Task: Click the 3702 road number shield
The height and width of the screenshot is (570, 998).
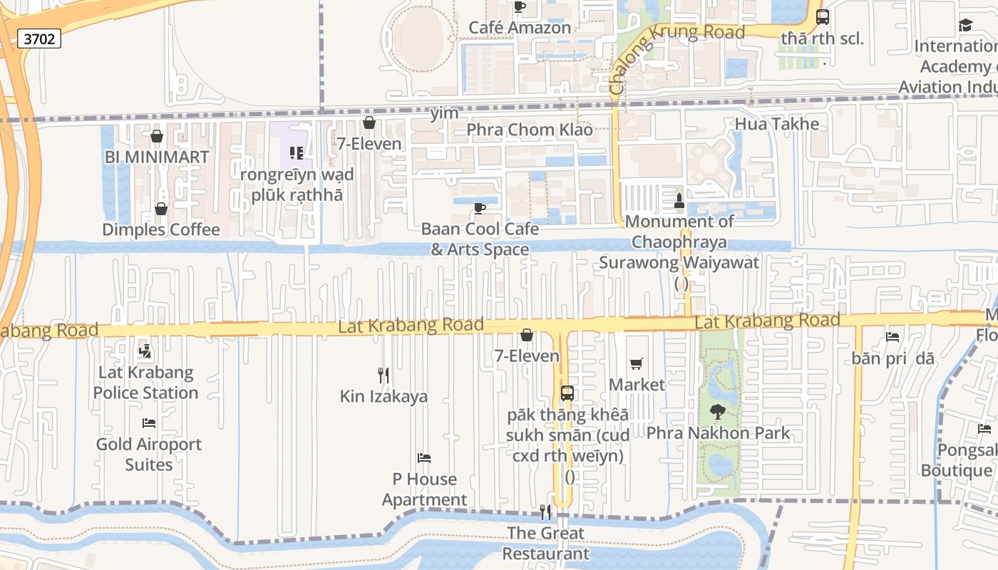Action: tap(39, 38)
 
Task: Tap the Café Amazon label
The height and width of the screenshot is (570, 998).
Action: tap(520, 28)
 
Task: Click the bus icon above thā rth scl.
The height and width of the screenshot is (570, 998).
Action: tap(822, 17)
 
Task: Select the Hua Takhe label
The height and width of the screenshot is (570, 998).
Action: tap(777, 124)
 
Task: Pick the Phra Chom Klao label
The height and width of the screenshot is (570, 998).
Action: tap(530, 130)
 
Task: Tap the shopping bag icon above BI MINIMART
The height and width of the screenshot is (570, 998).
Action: tap(157, 136)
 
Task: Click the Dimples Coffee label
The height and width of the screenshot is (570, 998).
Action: tap(161, 229)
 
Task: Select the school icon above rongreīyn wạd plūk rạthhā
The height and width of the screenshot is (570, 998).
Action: tap(296, 153)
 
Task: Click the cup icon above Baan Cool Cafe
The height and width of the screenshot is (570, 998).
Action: tap(480, 208)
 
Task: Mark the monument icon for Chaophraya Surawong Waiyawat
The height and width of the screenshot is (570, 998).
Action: tap(679, 200)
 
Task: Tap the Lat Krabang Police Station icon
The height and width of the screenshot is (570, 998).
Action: tap(145, 351)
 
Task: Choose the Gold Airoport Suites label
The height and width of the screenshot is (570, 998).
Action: tap(149, 454)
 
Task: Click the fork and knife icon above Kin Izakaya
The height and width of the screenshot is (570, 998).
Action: tap(384, 375)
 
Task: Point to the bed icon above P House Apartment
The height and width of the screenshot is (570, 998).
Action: tap(424, 458)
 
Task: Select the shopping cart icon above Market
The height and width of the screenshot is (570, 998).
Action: tap(637, 364)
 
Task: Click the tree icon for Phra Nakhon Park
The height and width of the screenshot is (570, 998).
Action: tap(718, 412)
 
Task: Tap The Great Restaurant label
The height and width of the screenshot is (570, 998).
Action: tap(546, 543)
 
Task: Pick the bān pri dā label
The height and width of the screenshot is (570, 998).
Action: tap(892, 358)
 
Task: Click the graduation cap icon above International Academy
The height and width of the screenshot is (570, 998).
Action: tap(965, 26)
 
